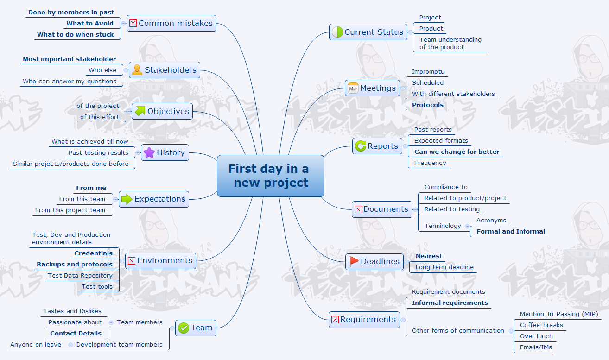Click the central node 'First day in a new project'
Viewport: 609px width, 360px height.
pos(271,176)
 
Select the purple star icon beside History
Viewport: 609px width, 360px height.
pos(149,152)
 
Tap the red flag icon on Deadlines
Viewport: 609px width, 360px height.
pos(354,261)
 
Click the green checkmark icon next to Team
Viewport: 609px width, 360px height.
pos(184,328)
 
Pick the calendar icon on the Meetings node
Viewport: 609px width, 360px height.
pos(353,88)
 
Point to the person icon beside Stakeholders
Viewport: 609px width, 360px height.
pos(137,70)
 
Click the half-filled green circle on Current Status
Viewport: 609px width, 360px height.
pos(337,32)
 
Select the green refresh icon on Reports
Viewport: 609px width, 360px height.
pos(361,146)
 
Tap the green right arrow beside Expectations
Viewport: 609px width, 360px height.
pos(127,199)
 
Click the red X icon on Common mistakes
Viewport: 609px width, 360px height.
pos(133,23)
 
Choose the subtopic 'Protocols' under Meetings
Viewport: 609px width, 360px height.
pos(428,105)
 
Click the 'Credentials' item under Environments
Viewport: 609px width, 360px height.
pos(93,253)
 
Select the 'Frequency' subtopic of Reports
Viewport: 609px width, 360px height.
pos(430,163)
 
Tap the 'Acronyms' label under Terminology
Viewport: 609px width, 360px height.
pos(491,221)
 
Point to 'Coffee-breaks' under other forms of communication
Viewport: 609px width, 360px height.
pos(541,325)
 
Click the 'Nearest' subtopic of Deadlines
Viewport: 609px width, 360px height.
pos(429,256)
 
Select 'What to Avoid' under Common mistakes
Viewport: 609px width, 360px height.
pos(90,23)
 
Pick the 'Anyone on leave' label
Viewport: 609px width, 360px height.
pos(36,345)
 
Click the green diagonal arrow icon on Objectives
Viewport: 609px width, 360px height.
pos(140,111)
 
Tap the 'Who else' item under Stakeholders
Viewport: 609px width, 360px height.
pos(102,70)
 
